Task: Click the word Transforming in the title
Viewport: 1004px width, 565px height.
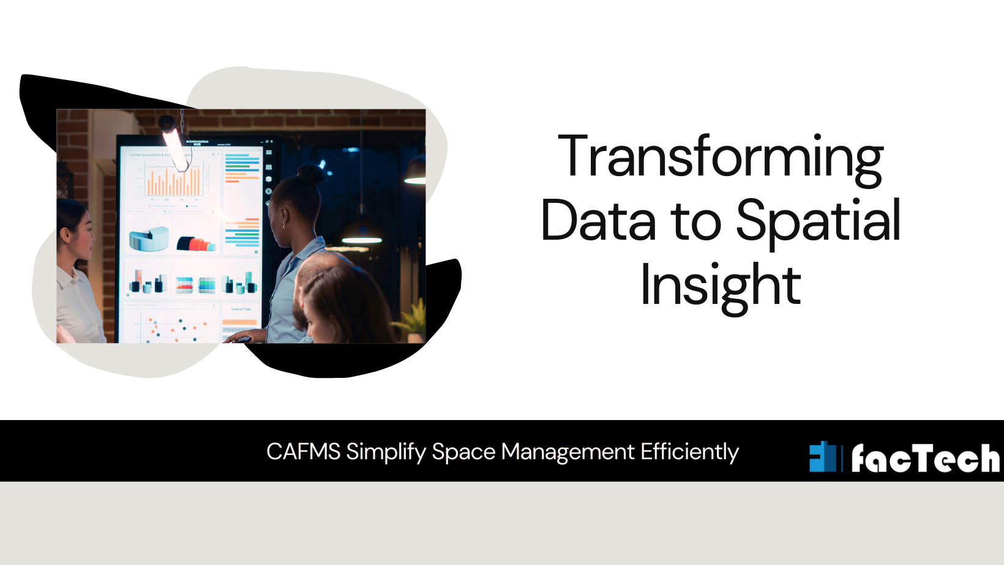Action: point(721,158)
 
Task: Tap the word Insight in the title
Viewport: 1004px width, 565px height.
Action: point(721,286)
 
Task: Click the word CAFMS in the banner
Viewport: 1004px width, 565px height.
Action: point(303,452)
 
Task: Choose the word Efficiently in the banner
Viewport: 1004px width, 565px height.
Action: point(689,452)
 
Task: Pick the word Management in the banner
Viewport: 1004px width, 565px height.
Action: point(568,452)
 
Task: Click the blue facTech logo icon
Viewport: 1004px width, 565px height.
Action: point(822,457)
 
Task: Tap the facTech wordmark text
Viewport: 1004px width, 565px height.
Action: point(925,458)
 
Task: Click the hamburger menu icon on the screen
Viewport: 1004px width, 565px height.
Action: point(269,152)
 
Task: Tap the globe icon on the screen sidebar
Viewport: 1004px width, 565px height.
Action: point(269,191)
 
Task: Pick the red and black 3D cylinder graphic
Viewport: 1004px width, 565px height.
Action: point(196,244)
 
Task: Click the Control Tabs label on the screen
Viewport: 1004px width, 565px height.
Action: point(241,309)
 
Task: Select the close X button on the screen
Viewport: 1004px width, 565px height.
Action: point(272,142)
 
